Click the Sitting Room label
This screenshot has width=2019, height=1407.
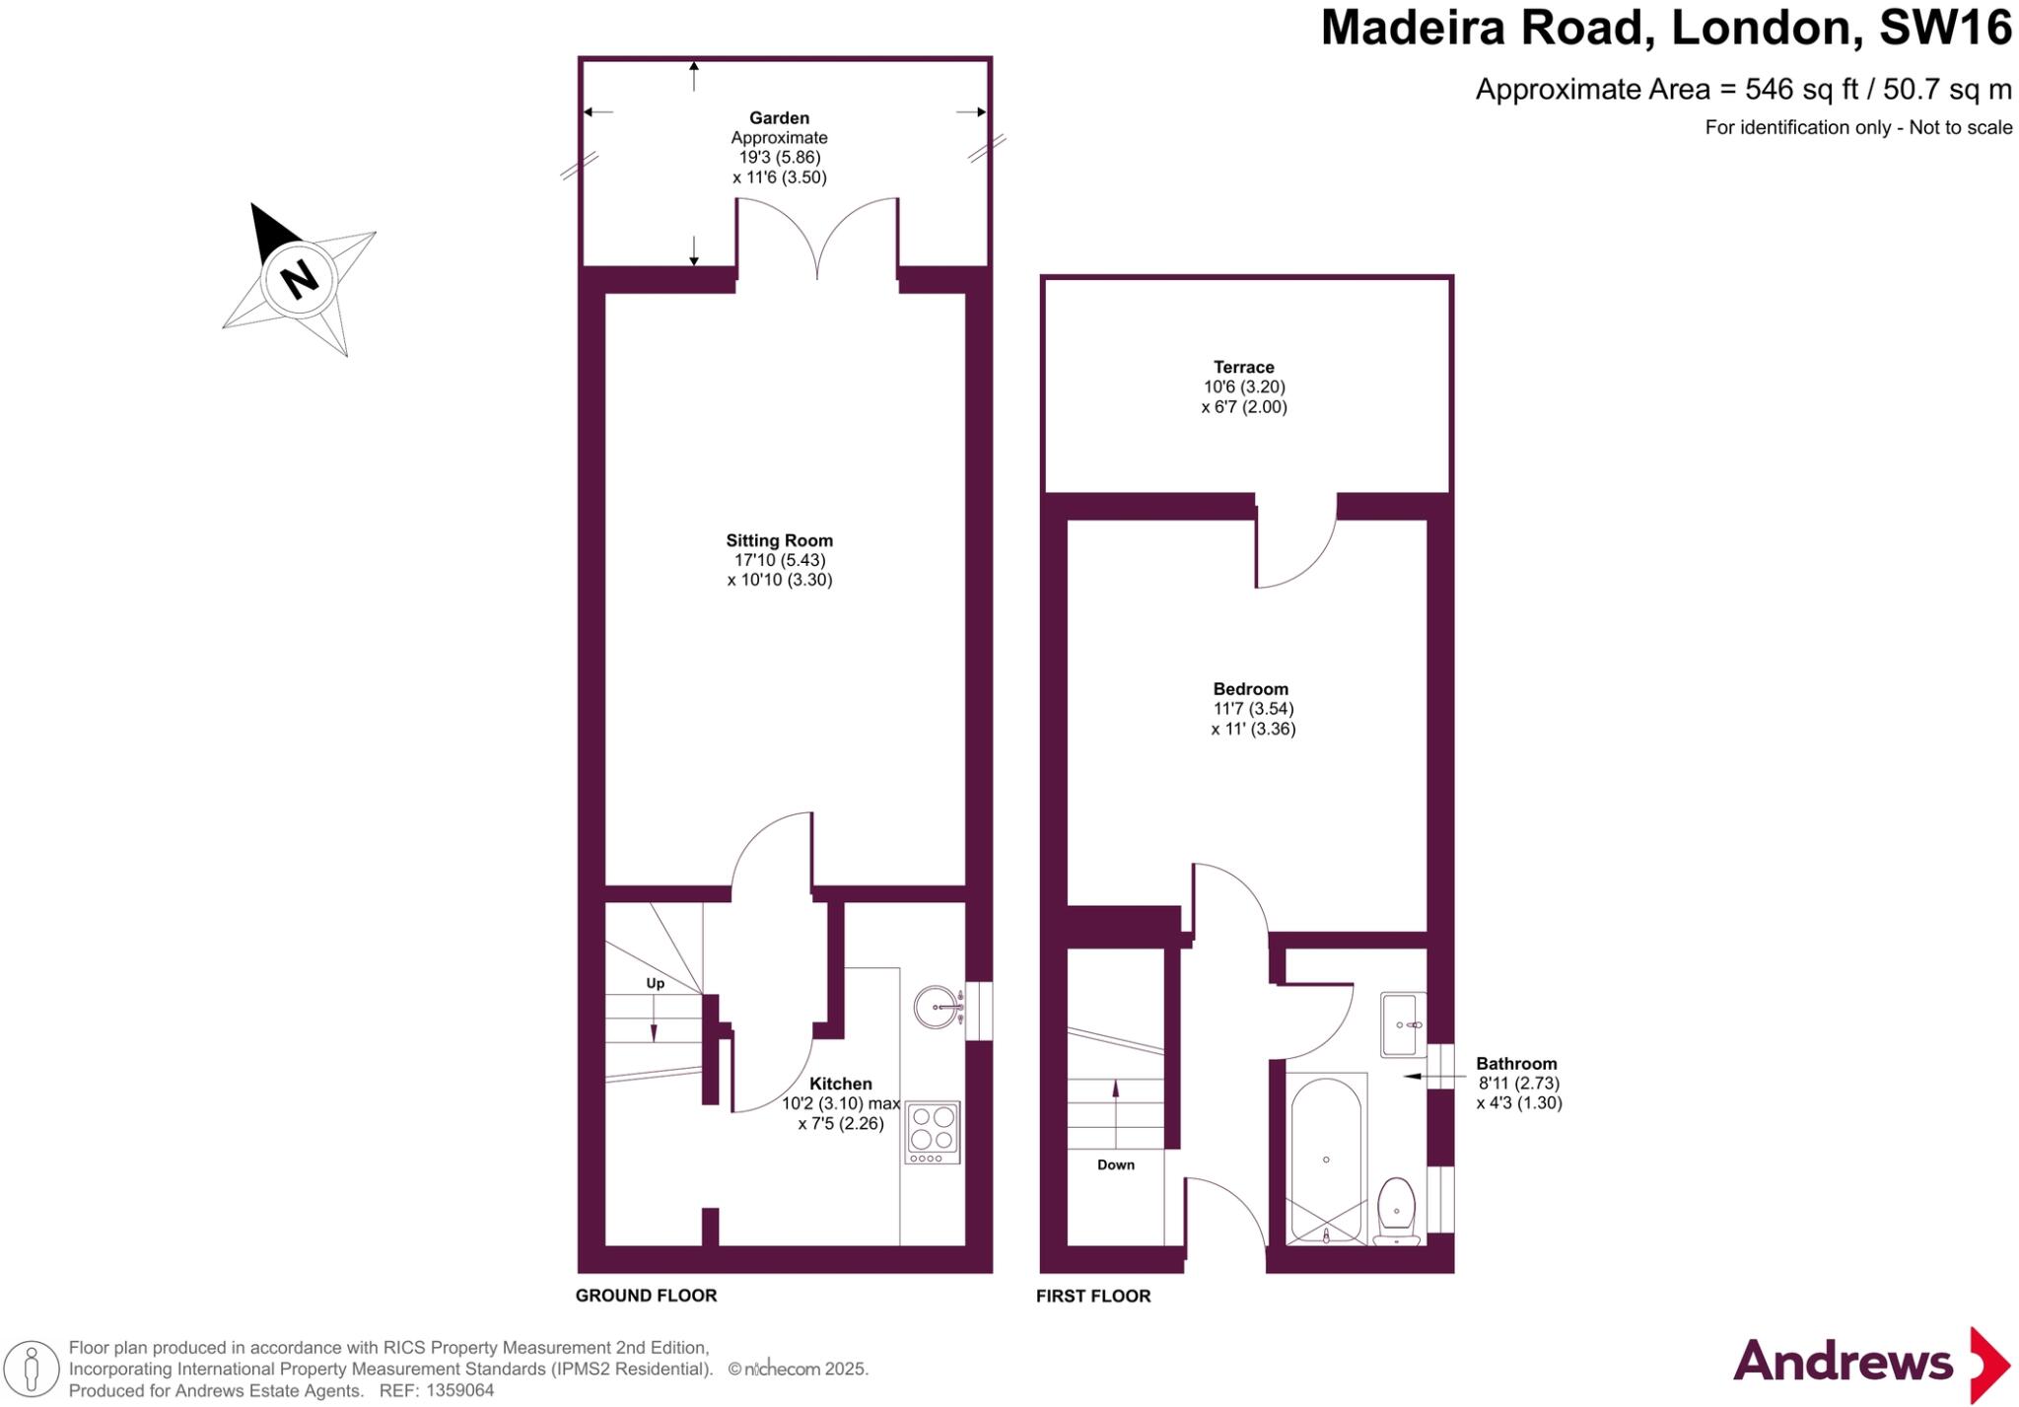pyautogui.click(x=779, y=540)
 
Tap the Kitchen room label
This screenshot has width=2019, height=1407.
pyautogui.click(x=840, y=1084)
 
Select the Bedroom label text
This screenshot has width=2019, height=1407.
pyautogui.click(x=1250, y=689)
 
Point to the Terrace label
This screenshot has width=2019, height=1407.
pyautogui.click(x=1243, y=367)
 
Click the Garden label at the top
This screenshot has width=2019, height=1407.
pyautogui.click(x=779, y=118)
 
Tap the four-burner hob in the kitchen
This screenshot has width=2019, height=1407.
pyautogui.click(x=933, y=1129)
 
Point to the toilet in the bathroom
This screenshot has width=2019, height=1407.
pyautogui.click(x=1396, y=1209)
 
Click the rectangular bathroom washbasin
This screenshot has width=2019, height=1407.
pyautogui.click(x=1402, y=1024)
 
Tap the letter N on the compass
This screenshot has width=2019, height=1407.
pyautogui.click(x=299, y=279)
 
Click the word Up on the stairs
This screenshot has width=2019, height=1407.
pyautogui.click(x=655, y=983)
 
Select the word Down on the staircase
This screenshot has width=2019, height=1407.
pyautogui.click(x=1115, y=1164)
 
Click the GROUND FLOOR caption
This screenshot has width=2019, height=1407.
pyautogui.click(x=646, y=1296)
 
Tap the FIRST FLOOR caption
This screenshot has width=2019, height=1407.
pyautogui.click(x=1092, y=1297)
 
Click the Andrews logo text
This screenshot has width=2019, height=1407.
pyautogui.click(x=1842, y=1363)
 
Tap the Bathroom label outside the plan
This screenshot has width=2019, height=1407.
pyautogui.click(x=1515, y=1064)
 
